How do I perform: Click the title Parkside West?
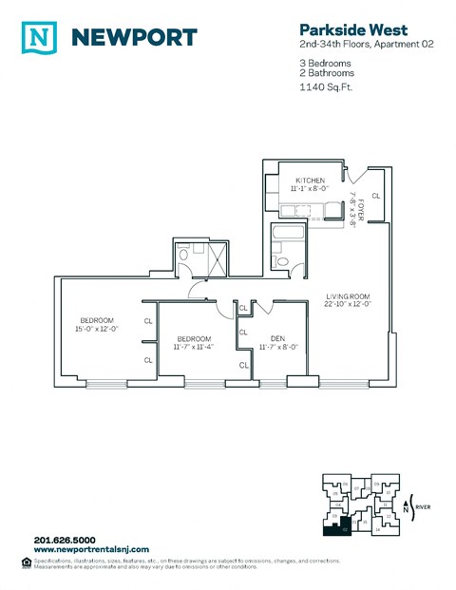coord(330,29)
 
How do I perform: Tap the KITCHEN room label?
coord(311,181)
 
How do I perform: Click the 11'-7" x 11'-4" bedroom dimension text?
coord(193,348)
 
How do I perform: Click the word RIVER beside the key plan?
coord(423,508)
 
